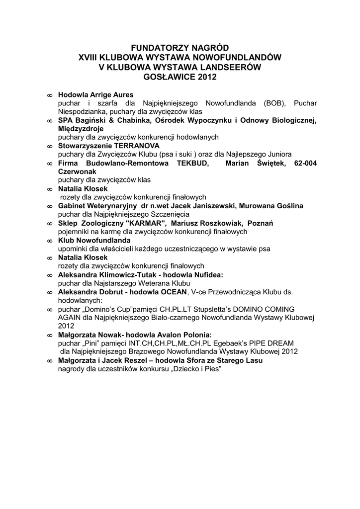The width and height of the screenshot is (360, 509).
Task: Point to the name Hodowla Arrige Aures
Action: coord(95,94)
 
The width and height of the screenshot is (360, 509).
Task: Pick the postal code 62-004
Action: coord(305,163)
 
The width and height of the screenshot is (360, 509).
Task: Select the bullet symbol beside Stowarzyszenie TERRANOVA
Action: coord(50,146)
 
